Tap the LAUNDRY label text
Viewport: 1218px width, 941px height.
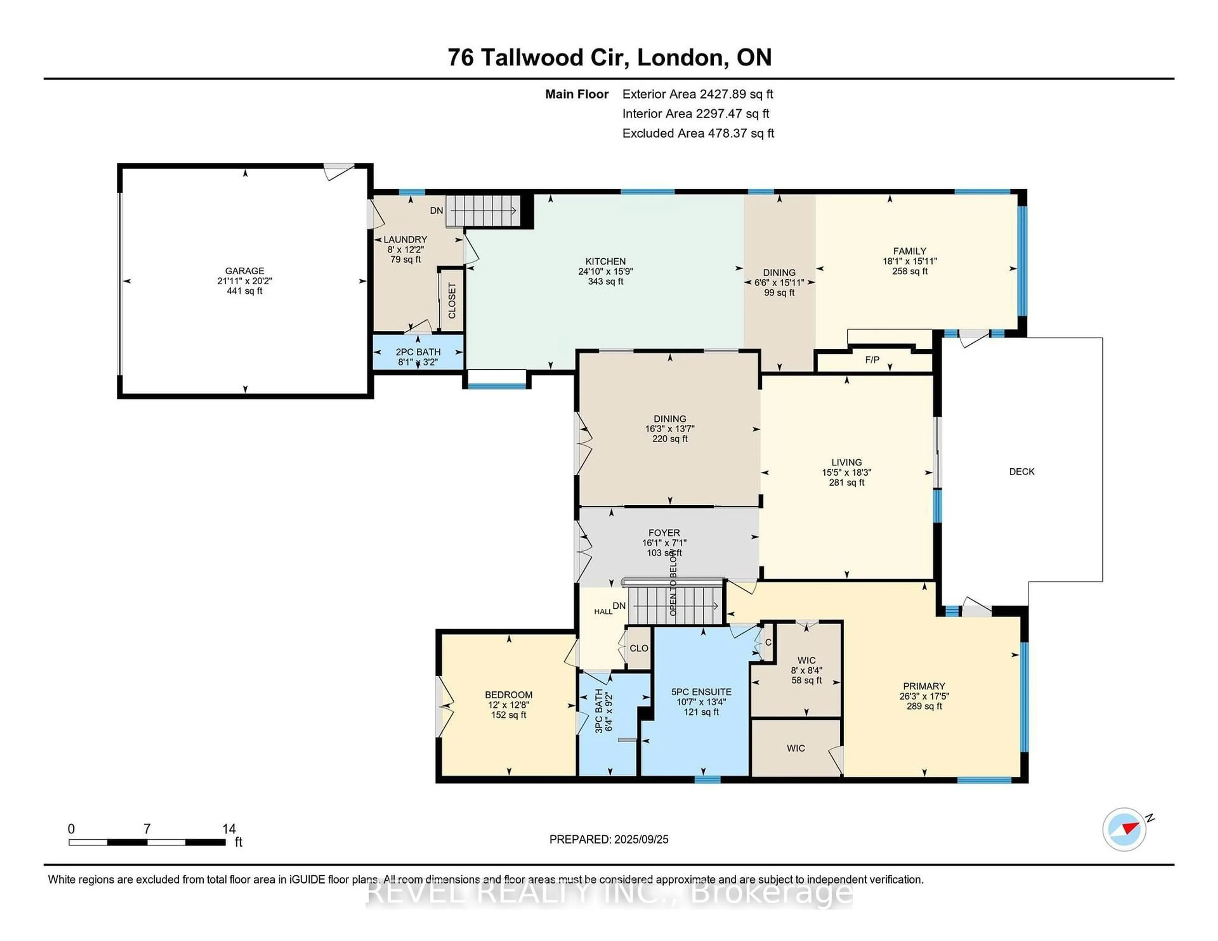pyautogui.click(x=405, y=240)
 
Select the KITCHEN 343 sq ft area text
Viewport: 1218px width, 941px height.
pyautogui.click(x=606, y=282)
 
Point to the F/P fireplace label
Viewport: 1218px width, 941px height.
pyautogui.click(x=872, y=360)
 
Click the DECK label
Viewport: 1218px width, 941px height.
pyautogui.click(x=1022, y=472)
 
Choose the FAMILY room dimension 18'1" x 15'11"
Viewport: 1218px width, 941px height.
pyautogui.click(x=910, y=261)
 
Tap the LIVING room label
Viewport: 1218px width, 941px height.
pyautogui.click(x=847, y=462)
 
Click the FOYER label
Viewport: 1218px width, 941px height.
pyautogui.click(x=664, y=533)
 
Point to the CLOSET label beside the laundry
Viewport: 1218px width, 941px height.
pyautogui.click(x=452, y=301)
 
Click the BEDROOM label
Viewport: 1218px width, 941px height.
pyautogui.click(x=509, y=695)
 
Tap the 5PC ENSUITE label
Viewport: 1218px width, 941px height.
pyautogui.click(x=701, y=692)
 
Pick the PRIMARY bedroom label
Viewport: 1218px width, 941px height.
pyautogui.click(x=924, y=686)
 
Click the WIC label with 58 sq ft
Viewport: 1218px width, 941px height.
pyautogui.click(x=806, y=661)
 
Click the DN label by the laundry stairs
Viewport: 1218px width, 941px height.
pyautogui.click(x=437, y=211)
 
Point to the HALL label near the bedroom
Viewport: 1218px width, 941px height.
pyautogui.click(x=603, y=612)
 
